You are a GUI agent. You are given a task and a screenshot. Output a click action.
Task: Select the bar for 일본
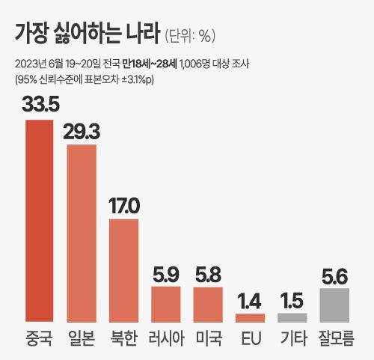(82, 232)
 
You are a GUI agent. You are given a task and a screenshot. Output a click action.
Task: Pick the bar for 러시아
(165, 303)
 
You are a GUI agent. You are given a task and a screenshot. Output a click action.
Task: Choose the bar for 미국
(208, 303)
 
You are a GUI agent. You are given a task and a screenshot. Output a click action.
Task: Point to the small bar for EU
(250, 317)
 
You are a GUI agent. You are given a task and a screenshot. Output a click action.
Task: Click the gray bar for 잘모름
(334, 304)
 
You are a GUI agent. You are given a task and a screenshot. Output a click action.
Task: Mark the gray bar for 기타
(292, 317)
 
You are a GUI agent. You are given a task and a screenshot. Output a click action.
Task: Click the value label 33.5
(40, 104)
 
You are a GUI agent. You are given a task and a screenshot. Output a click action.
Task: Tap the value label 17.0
(123, 204)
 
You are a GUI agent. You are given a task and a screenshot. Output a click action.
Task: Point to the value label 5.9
(165, 271)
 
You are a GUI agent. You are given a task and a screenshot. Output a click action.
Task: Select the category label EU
(250, 338)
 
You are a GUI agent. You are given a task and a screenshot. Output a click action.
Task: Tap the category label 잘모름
(334, 338)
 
